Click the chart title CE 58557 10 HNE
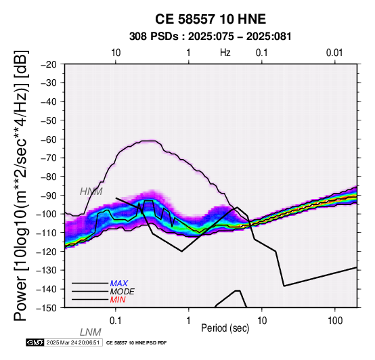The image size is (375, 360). coord(211,19)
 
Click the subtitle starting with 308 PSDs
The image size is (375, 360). coord(211,37)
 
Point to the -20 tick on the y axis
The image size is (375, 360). coord(49,64)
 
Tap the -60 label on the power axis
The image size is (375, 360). coord(49,139)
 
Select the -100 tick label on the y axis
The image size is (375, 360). coord(47,214)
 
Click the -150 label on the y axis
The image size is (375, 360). coord(47,308)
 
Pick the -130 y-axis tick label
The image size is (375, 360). coord(47,270)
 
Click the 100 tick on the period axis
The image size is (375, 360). coord(335,321)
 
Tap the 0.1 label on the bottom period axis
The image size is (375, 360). coord(116,321)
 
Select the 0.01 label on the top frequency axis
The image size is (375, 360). coord(334,53)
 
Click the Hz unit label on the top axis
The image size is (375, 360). coord(225,53)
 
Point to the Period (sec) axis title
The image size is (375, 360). coord(225,328)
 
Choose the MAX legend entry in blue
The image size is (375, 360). coord(119,284)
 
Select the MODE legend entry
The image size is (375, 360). coord(123,292)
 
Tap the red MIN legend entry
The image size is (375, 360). coord(118,300)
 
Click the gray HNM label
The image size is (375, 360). coord(91,192)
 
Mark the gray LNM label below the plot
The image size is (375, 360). coord(91,332)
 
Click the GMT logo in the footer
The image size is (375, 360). coord(35,342)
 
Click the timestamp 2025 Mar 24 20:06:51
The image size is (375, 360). coord(73,342)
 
